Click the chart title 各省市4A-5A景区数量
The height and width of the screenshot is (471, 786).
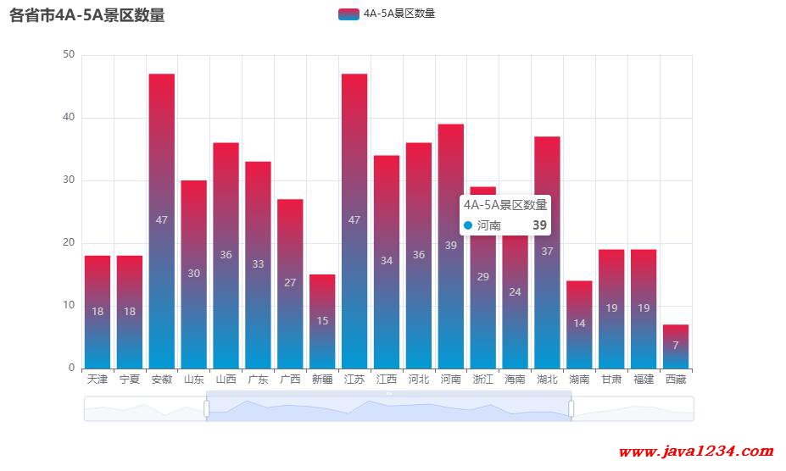click(87, 15)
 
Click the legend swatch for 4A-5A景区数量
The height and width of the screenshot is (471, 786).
click(348, 14)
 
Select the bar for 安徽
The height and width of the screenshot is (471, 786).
click(162, 220)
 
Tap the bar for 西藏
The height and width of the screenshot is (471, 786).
click(676, 346)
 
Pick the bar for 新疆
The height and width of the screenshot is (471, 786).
click(322, 321)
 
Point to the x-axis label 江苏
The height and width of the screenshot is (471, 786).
click(354, 380)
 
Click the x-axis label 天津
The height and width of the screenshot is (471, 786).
click(98, 380)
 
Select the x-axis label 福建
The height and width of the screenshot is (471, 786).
click(644, 380)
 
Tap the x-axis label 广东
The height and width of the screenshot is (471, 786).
click(258, 380)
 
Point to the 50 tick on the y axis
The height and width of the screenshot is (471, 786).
click(69, 55)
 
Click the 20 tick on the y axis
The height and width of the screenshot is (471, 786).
click(69, 243)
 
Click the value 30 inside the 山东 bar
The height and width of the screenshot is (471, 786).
click(194, 274)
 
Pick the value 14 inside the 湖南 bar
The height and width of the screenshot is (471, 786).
click(579, 324)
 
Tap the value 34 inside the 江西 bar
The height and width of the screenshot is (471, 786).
click(387, 261)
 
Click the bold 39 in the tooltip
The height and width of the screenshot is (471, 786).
click(539, 225)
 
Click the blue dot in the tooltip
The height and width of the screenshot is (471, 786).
click(468, 225)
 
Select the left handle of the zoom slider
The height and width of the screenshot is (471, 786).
click(207, 409)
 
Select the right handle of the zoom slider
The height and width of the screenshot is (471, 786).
click(571, 409)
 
